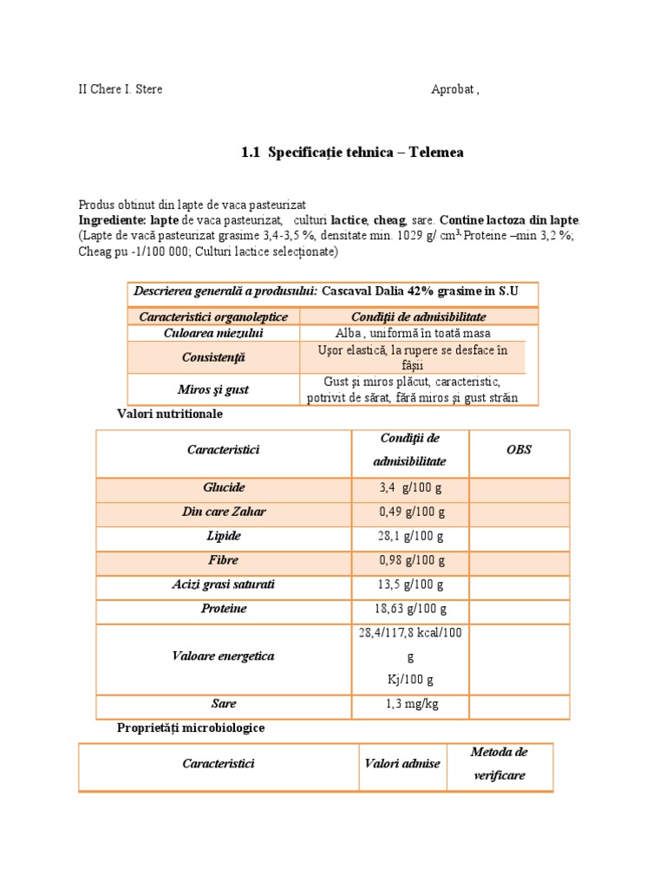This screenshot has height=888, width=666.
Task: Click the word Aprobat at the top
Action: point(453,89)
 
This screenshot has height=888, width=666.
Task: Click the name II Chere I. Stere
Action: point(121,89)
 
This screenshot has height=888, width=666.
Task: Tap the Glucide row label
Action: point(224,488)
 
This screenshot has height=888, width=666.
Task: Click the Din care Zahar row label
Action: point(224,513)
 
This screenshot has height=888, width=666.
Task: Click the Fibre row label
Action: point(224,561)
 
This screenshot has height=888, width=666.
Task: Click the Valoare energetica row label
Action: point(224,656)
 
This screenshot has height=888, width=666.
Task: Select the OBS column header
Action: point(519,450)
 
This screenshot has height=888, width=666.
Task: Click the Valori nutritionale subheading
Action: point(170,415)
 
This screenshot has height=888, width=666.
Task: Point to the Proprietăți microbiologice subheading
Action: point(191,728)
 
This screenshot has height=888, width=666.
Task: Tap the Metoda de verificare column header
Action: point(499,764)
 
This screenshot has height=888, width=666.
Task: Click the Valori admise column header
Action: point(402,764)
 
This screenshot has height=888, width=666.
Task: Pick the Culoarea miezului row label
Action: point(213,333)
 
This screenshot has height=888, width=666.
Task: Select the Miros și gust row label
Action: point(213,390)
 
